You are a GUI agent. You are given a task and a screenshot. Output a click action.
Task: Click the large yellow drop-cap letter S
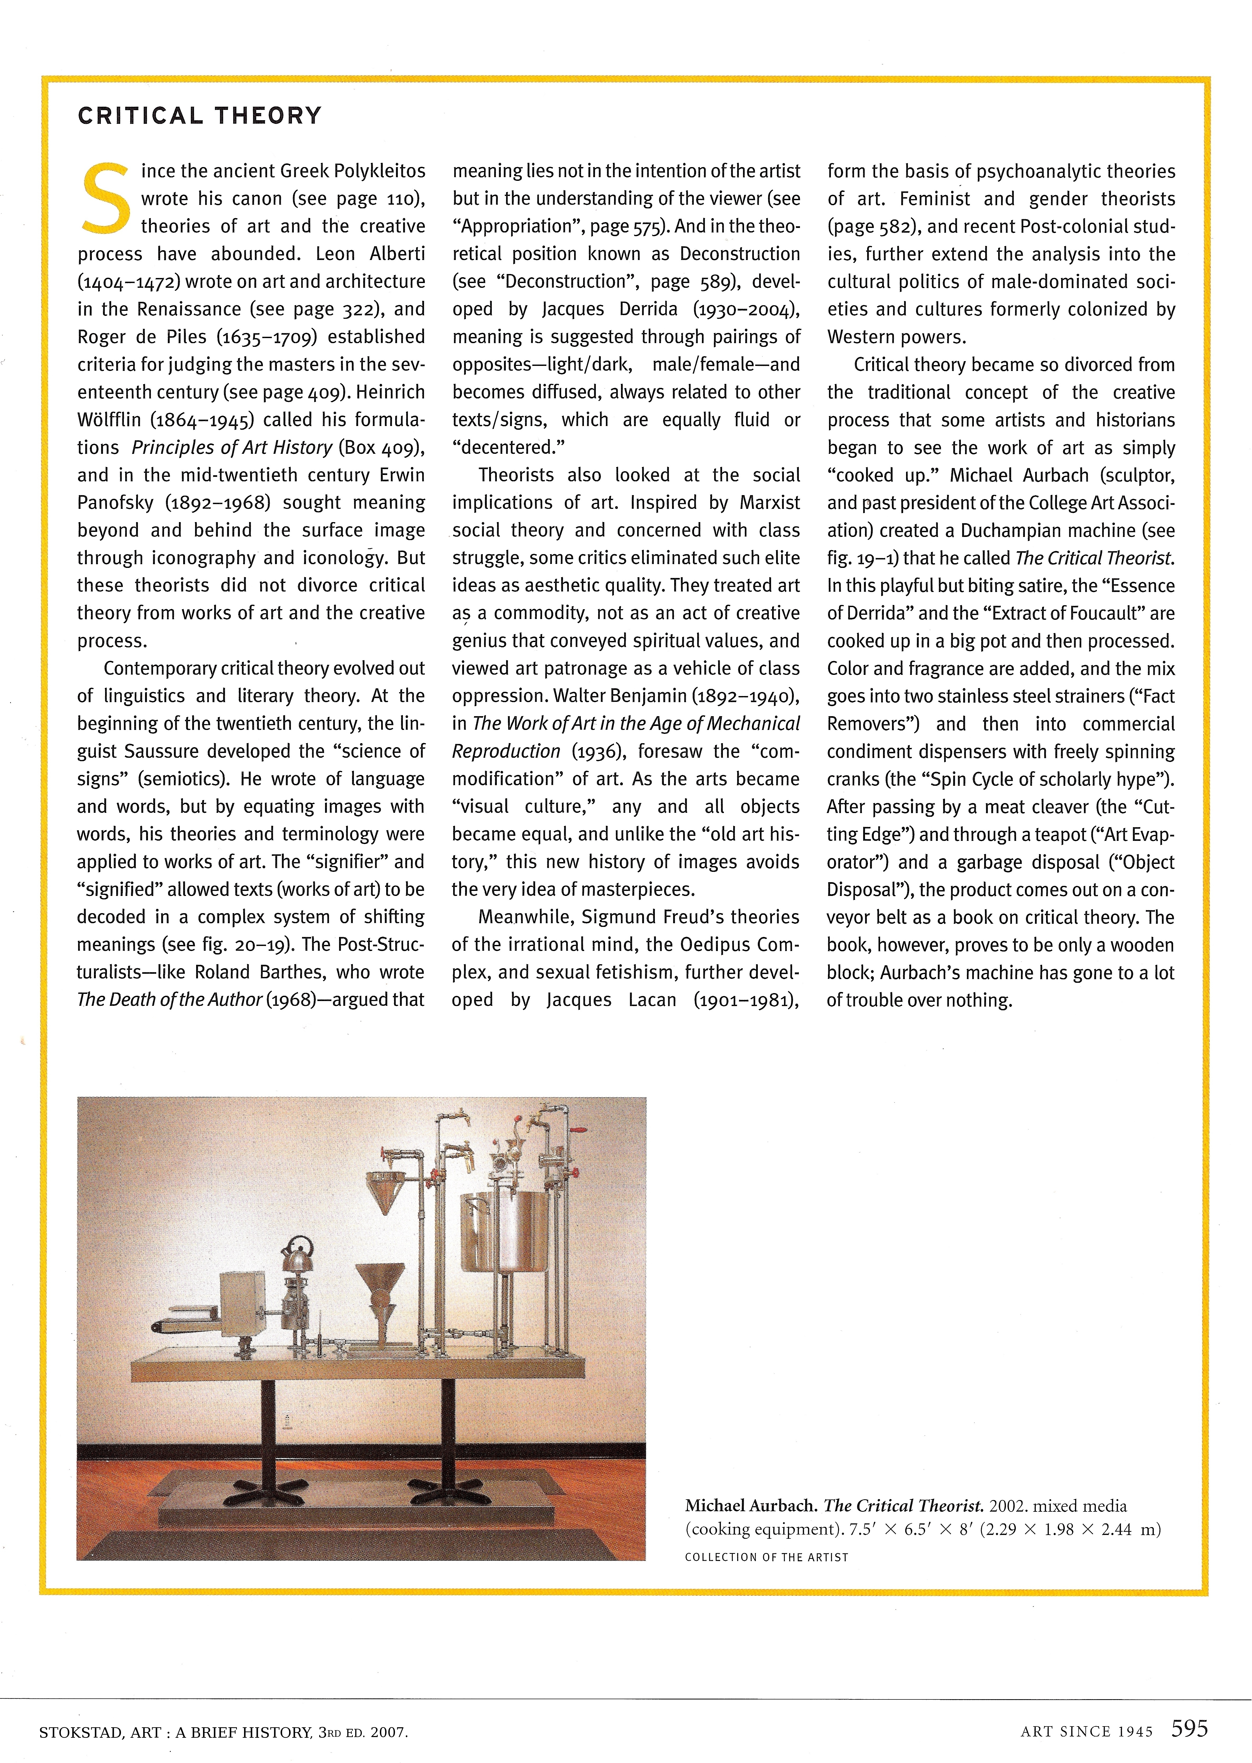click(x=106, y=197)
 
